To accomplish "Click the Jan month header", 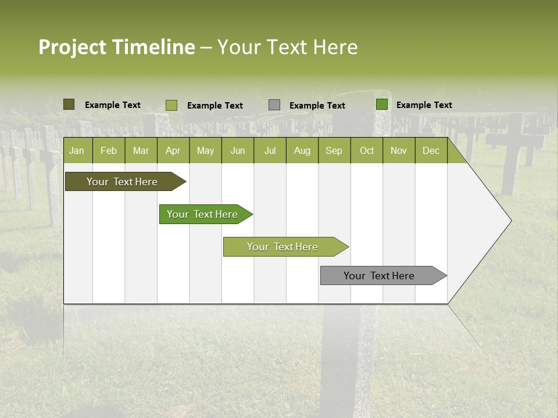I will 77,150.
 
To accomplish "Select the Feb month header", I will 109,150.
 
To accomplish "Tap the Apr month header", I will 173,150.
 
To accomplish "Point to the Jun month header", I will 238,150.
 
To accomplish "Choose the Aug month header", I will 302,150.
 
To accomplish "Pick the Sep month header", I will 334,150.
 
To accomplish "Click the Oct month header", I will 367,150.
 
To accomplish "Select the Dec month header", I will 431,150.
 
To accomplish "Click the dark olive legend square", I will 69,105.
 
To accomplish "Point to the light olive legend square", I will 171,105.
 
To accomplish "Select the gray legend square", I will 274,105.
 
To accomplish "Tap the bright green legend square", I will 382,105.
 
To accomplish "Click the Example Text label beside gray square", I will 317,106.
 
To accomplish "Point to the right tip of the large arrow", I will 510,221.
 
